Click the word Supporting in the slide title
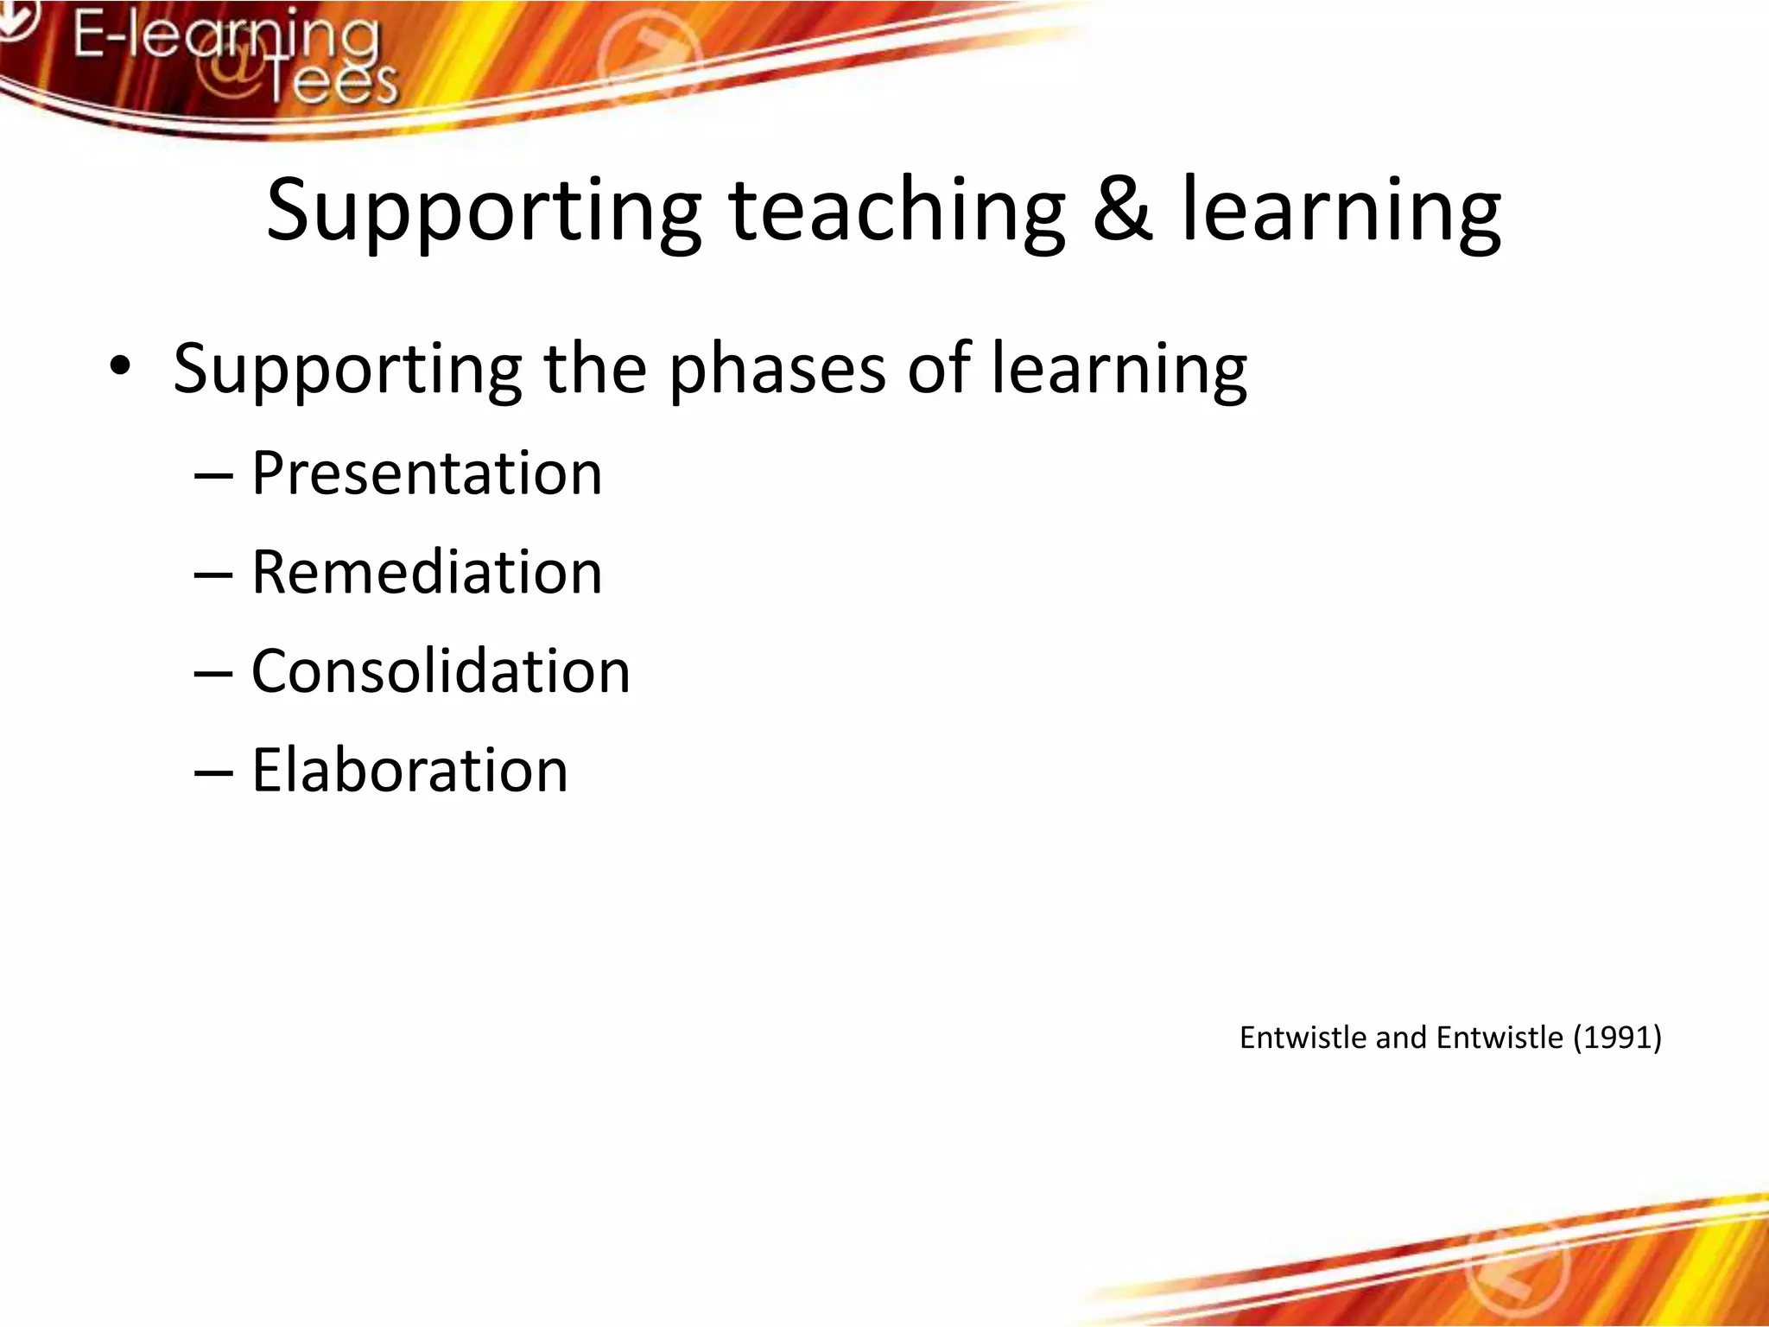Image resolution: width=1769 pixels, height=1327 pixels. [x=482, y=212]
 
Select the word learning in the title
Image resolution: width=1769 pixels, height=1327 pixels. [x=1341, y=212]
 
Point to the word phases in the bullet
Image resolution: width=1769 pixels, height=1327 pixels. [x=777, y=369]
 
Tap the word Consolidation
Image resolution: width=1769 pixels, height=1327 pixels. [x=441, y=671]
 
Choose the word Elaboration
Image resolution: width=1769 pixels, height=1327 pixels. [x=409, y=770]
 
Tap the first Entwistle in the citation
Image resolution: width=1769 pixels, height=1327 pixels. [x=1303, y=1037]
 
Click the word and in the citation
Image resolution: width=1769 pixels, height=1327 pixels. [x=1401, y=1037]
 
